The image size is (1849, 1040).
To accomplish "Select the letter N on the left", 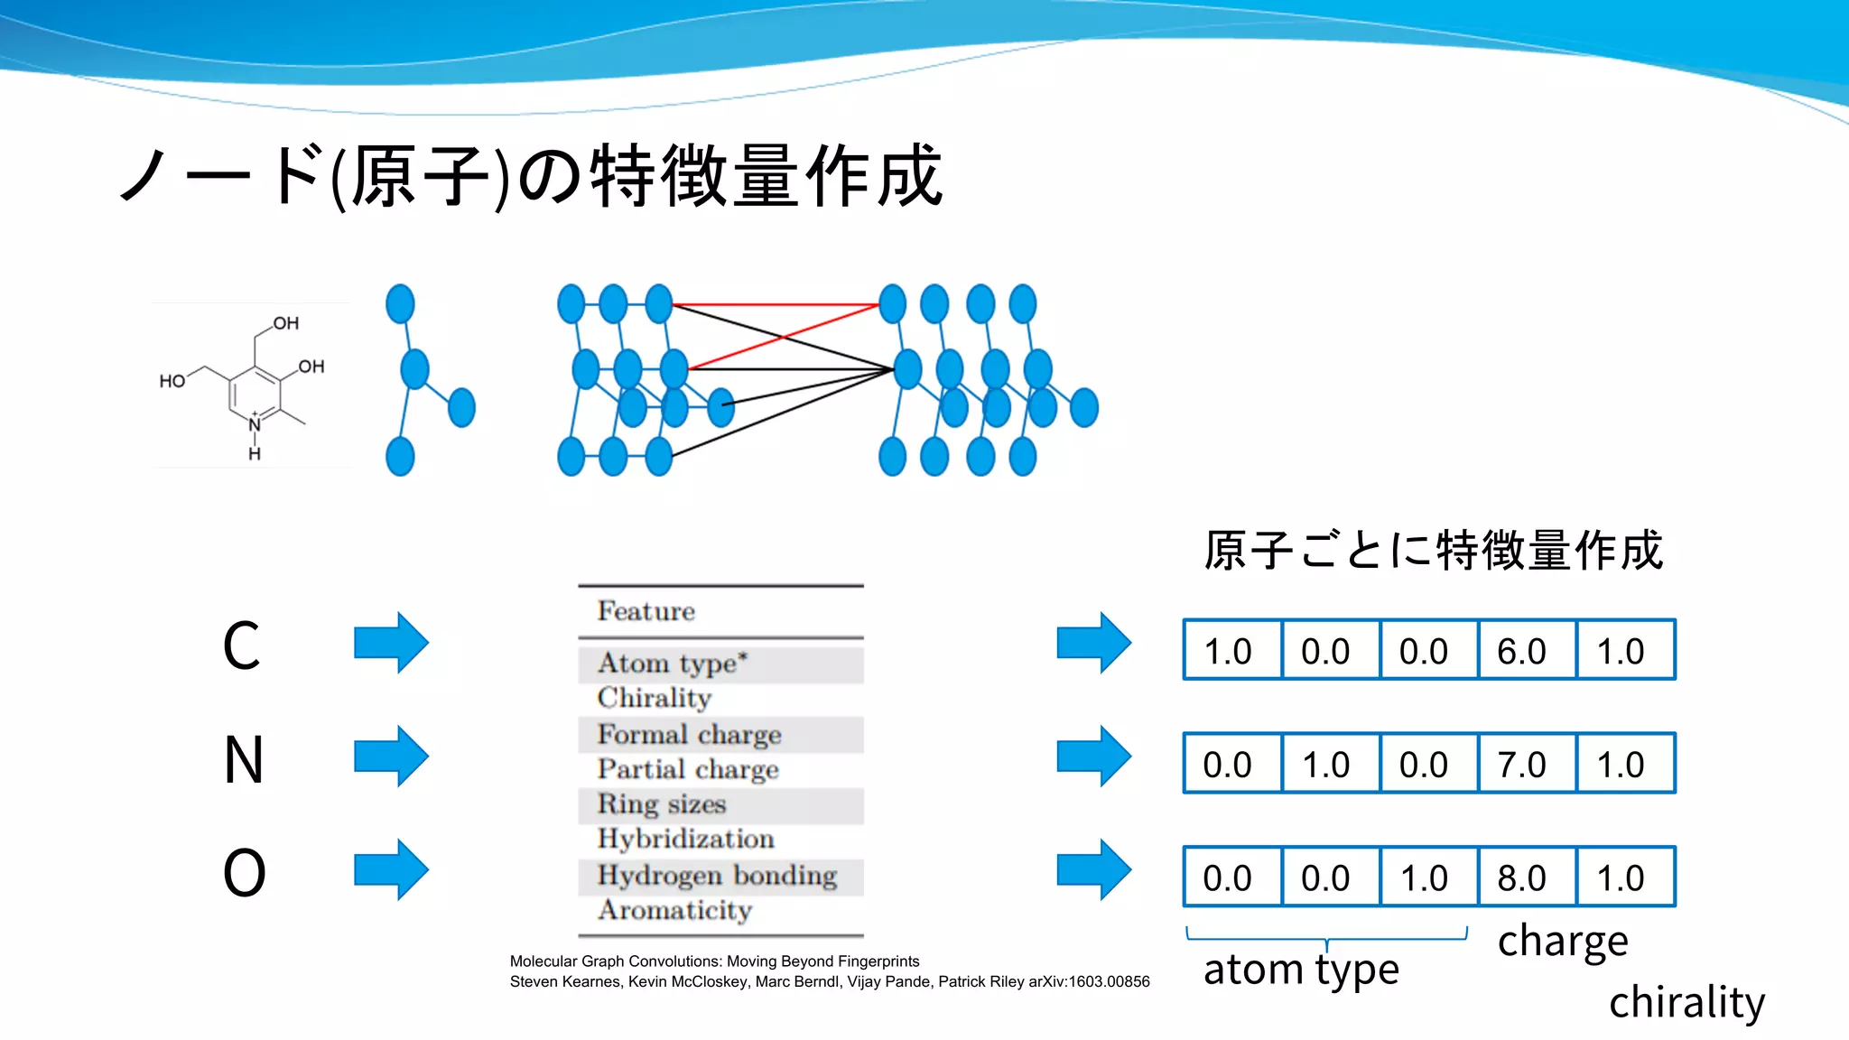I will tap(244, 759).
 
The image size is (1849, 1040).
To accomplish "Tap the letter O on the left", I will tap(244, 873).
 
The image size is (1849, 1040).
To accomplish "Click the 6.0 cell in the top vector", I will tap(1522, 651).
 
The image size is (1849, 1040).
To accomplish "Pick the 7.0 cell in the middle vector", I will tap(1522, 765).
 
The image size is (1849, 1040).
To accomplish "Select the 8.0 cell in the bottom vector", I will tap(1522, 877).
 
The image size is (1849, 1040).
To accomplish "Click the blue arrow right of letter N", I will tap(391, 757).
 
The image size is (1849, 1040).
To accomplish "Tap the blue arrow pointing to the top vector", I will tap(1093, 643).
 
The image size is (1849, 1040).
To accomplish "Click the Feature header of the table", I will tap(646, 611).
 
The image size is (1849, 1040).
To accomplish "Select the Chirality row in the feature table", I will tap(655, 698).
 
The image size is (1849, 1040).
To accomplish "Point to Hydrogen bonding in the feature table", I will tap(717, 876).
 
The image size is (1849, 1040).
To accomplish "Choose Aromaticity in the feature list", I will tap(674, 910).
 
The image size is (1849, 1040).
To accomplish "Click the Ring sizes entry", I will tap(662, 804).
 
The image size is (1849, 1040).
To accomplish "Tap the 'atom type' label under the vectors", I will tap(1301, 970).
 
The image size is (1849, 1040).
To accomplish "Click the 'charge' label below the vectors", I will tap(1563, 942).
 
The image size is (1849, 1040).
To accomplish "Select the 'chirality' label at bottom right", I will tap(1686, 1002).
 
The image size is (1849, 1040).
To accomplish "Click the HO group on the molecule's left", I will tap(172, 381).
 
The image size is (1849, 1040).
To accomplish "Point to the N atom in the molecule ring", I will tap(255, 424).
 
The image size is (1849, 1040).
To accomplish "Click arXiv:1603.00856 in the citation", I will tap(1089, 981).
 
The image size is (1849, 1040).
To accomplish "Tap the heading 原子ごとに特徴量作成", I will tap(1433, 550).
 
